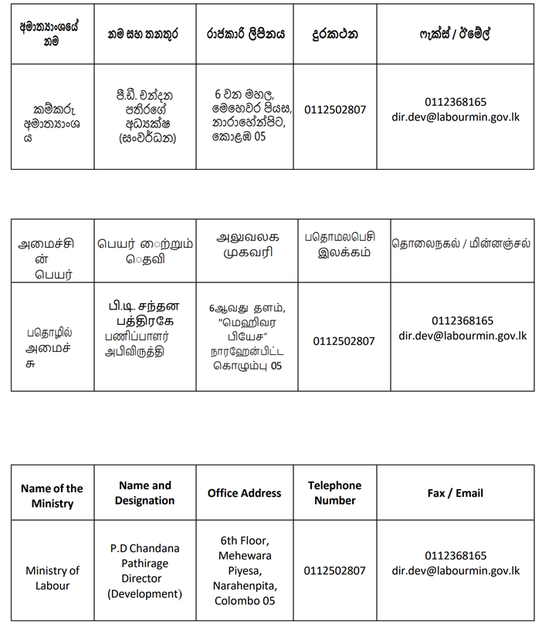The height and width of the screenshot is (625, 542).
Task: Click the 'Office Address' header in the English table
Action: pyautogui.click(x=244, y=493)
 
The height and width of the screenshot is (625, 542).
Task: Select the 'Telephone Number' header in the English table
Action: pyautogui.click(x=334, y=493)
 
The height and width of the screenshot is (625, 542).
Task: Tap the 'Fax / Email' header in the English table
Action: pyautogui.click(x=455, y=493)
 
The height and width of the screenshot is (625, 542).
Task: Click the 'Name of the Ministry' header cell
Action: pyautogui.click(x=52, y=495)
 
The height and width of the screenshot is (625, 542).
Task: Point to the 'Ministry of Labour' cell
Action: pyautogui.click(x=52, y=578)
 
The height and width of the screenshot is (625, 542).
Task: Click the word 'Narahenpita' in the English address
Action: pyautogui.click(x=245, y=586)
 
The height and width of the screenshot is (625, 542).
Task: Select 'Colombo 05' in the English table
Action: pyautogui.click(x=245, y=601)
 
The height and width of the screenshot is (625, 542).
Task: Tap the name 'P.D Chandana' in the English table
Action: pyautogui.click(x=144, y=549)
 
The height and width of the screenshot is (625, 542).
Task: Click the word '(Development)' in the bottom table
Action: pyautogui.click(x=144, y=593)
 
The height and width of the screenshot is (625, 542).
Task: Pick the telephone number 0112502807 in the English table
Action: pyautogui.click(x=334, y=571)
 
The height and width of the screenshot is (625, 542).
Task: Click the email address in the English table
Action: pyautogui.click(x=456, y=571)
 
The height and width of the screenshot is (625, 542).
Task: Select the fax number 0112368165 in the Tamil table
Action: pyautogui.click(x=462, y=320)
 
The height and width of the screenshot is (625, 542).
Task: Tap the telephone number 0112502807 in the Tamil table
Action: pyautogui.click(x=344, y=341)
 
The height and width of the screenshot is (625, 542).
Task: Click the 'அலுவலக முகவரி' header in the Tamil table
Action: pyautogui.click(x=247, y=245)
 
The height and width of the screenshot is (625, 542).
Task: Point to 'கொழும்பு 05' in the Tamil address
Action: pyautogui.click(x=247, y=366)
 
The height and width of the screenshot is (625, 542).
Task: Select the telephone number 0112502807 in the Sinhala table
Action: pyautogui.click(x=335, y=110)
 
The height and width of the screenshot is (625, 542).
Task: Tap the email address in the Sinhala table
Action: pyautogui.click(x=456, y=117)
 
